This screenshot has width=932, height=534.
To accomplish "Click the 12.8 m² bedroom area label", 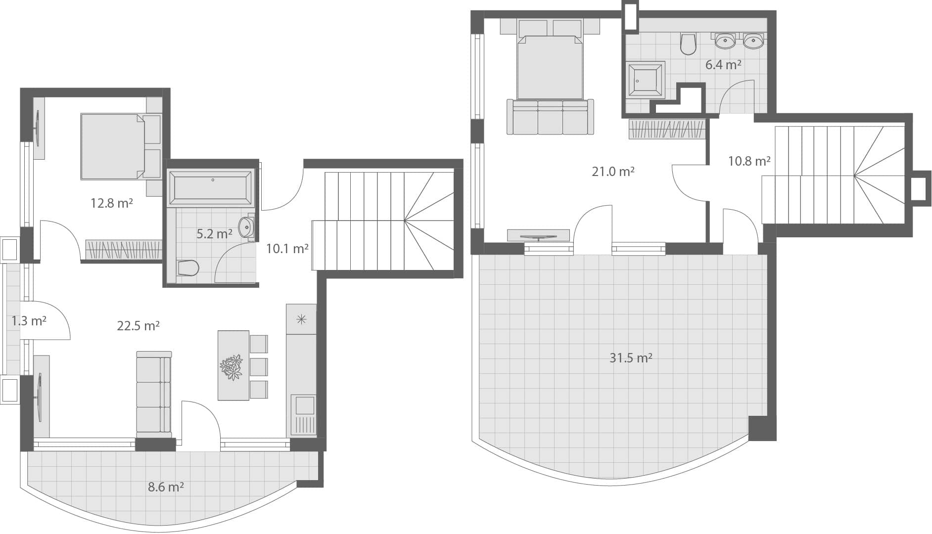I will point(111,203).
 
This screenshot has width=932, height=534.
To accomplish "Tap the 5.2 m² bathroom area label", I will point(214,234).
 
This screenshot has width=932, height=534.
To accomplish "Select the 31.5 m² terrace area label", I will point(630,357).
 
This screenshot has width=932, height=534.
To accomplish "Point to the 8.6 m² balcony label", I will point(166,487).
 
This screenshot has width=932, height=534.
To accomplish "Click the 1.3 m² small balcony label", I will point(29,321).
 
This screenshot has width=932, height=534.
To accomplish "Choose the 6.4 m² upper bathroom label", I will point(723,65).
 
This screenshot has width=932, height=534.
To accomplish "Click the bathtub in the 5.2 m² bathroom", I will point(211,187).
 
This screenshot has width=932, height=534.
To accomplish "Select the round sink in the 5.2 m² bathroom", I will point(246,227).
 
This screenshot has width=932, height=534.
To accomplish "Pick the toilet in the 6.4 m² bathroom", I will point(688,44).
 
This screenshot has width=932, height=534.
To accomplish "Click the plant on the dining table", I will point(231,367).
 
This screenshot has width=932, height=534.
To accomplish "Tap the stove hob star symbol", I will point(301,319).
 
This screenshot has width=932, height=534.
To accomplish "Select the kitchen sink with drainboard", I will point(303,414).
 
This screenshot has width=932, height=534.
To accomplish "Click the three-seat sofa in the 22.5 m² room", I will point(154,394).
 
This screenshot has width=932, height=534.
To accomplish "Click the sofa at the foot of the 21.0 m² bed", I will point(550,117).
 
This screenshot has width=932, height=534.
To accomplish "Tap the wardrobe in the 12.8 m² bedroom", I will point(124,249).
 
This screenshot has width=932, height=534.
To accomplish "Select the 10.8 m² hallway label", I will point(748,161).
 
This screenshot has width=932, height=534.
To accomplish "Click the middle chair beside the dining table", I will point(259,366).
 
